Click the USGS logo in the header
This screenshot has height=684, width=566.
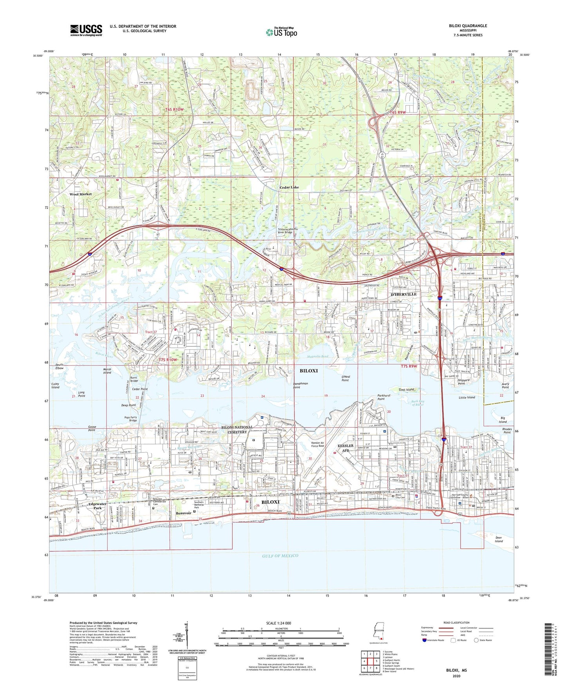(86, 30)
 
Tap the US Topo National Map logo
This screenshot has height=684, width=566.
(281, 32)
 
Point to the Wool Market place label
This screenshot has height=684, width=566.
(80, 194)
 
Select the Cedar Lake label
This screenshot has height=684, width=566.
(289, 187)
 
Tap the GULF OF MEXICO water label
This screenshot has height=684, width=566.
(280, 556)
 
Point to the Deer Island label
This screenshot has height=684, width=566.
(498, 539)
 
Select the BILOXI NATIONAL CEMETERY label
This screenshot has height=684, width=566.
(234, 430)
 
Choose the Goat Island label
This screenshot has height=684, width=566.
(406, 390)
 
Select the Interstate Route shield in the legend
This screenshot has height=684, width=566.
(425, 641)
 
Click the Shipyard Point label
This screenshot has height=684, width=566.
(466, 382)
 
